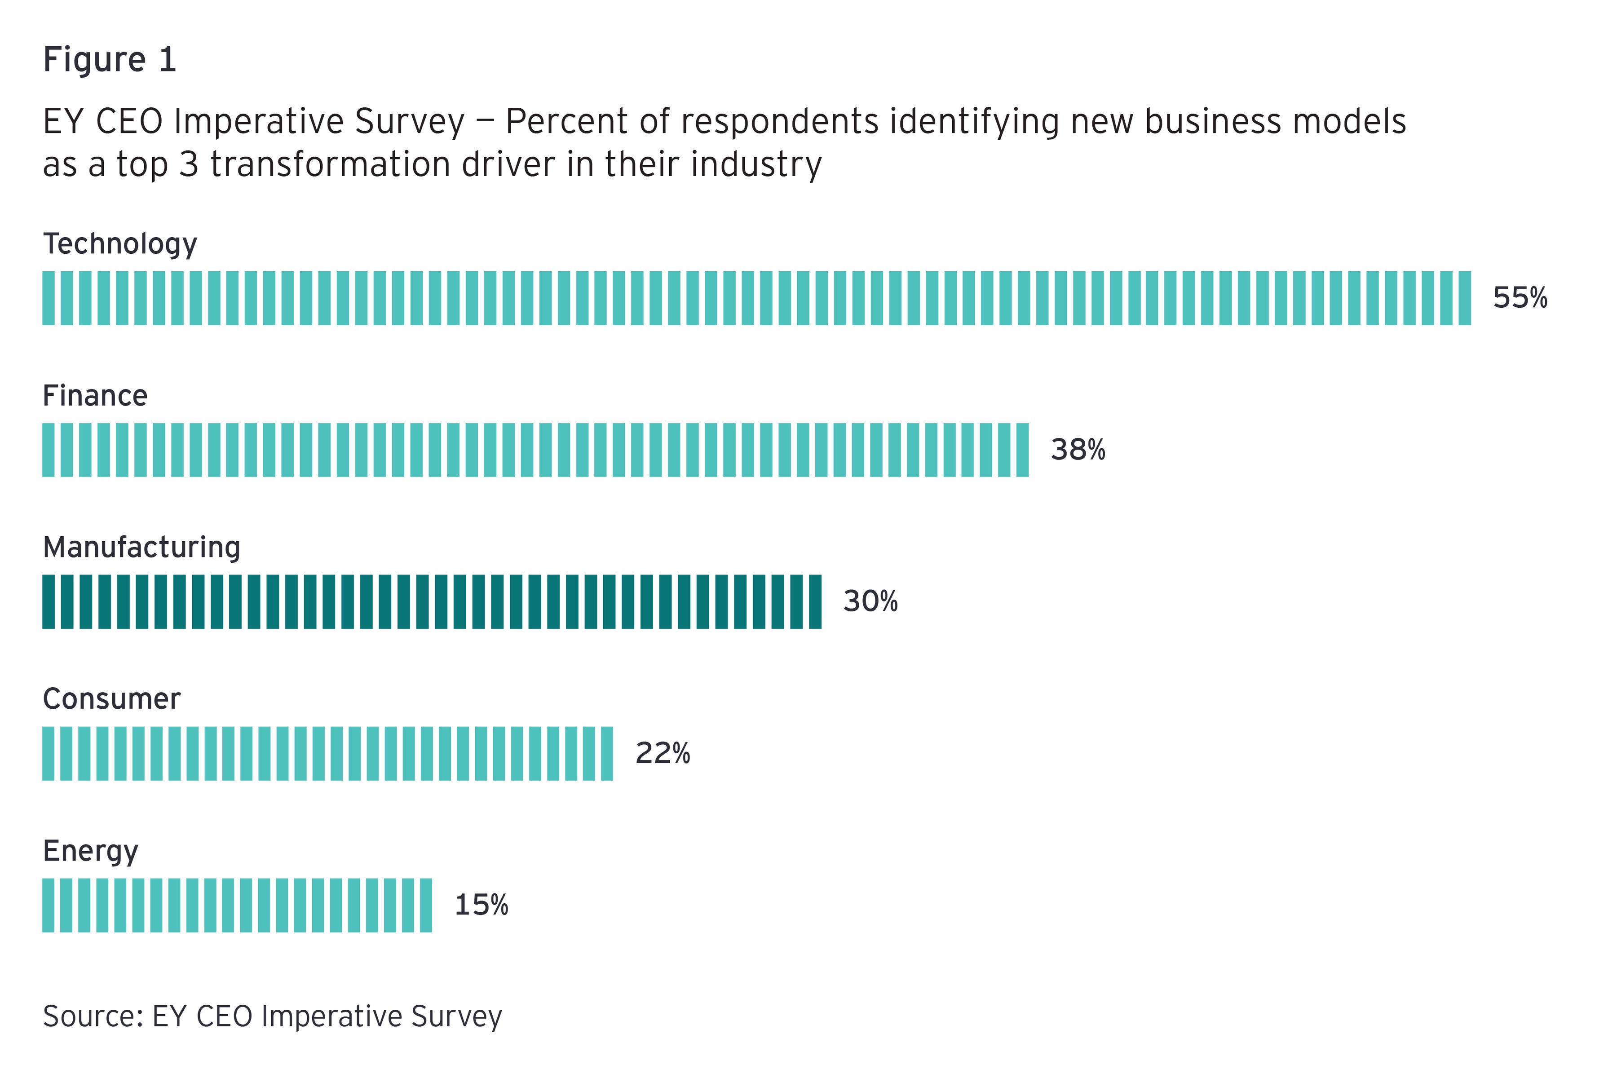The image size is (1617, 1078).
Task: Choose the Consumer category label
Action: [x=111, y=699]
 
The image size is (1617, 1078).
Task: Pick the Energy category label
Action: [x=90, y=851]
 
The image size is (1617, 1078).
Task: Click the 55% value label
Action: [x=1520, y=298]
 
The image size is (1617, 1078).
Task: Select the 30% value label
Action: [x=870, y=601]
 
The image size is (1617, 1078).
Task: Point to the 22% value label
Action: [x=662, y=754]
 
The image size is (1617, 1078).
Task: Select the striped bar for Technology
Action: [x=756, y=298]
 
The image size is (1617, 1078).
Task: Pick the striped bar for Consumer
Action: [x=327, y=754]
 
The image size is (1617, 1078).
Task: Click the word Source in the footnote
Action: [x=88, y=1016]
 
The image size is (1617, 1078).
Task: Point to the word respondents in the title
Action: [x=780, y=122]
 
